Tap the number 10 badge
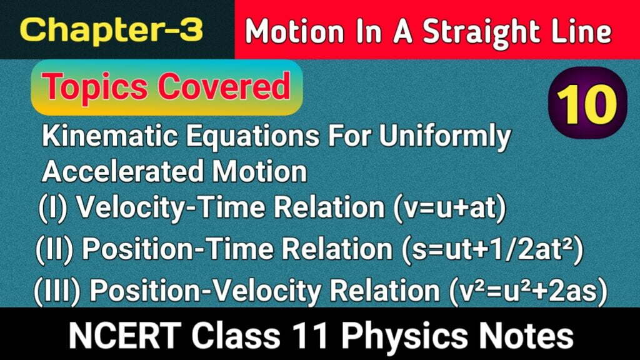click(587, 104)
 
